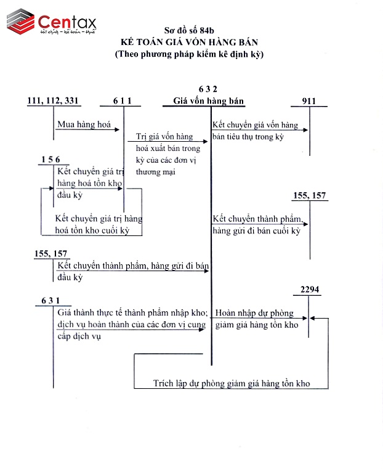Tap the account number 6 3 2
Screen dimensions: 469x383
(x=208, y=89)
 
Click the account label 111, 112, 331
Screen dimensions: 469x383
(x=54, y=100)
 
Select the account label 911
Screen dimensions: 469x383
(x=310, y=100)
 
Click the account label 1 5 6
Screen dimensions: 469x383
(x=50, y=160)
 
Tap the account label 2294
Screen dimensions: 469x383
(x=310, y=290)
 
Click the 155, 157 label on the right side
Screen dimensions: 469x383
(x=310, y=196)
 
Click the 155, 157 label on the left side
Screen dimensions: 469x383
(x=51, y=253)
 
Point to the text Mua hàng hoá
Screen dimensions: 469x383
(x=84, y=124)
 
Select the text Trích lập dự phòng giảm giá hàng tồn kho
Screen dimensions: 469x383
(x=232, y=383)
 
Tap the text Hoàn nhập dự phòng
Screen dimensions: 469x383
(x=254, y=313)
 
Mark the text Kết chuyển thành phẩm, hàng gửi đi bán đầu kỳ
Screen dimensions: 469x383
(x=132, y=271)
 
